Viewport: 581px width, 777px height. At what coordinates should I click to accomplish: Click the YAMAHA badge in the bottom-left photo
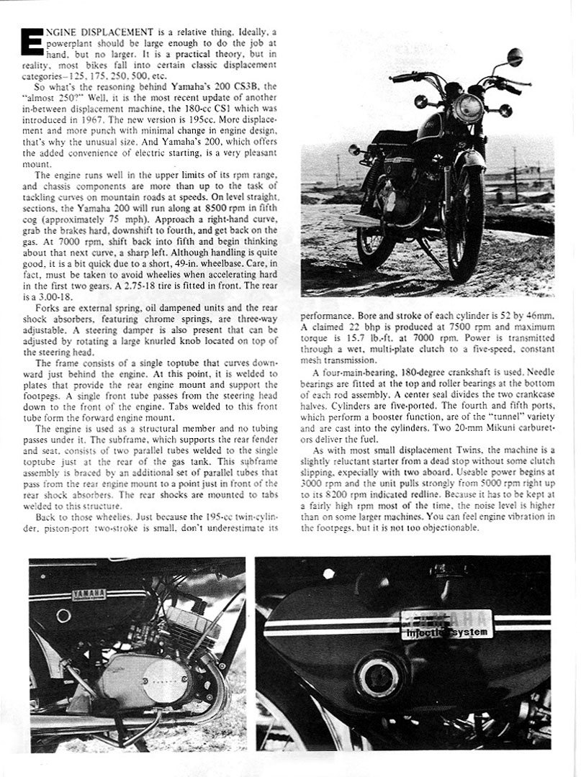tap(89, 594)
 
